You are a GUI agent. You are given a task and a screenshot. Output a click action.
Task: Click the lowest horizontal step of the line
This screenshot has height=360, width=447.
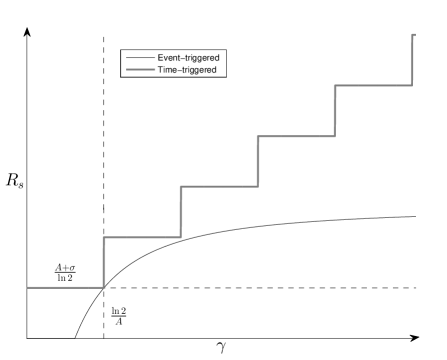(65, 287)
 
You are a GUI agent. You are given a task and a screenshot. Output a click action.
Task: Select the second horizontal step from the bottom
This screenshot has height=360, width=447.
(142, 237)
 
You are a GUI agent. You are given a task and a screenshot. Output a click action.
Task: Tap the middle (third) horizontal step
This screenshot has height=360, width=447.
(219, 186)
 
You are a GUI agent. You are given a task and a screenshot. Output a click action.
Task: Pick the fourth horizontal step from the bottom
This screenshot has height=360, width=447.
(296, 136)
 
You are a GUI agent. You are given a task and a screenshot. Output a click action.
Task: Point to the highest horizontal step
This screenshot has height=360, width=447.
(373, 85)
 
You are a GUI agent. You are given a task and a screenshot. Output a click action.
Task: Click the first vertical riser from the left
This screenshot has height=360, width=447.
(104, 262)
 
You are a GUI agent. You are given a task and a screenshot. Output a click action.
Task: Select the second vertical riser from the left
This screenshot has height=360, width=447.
(181, 212)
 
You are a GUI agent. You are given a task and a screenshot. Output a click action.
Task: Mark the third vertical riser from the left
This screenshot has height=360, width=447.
(258, 161)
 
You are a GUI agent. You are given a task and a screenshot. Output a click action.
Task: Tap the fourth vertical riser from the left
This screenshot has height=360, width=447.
(335, 110)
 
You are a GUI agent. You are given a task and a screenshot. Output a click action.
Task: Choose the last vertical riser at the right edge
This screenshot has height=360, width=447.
(413, 60)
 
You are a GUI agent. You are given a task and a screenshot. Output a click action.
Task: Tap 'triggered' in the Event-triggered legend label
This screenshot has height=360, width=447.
(201, 58)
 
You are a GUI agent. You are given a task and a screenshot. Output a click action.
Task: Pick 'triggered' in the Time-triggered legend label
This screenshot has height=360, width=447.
(197, 70)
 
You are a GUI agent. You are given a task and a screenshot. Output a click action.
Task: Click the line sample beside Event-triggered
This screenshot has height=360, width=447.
(138, 58)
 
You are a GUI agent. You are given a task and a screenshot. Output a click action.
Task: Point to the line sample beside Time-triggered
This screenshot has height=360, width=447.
(138, 70)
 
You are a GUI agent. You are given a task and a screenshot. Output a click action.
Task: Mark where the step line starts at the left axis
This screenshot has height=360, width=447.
(28, 287)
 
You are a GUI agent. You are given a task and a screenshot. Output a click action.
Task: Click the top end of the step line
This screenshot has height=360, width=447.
(413, 34)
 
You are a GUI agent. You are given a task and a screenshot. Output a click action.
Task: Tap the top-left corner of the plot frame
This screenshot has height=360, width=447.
(28, 32)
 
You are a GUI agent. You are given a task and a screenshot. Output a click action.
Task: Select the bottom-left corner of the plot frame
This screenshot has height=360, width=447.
(28, 336)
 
